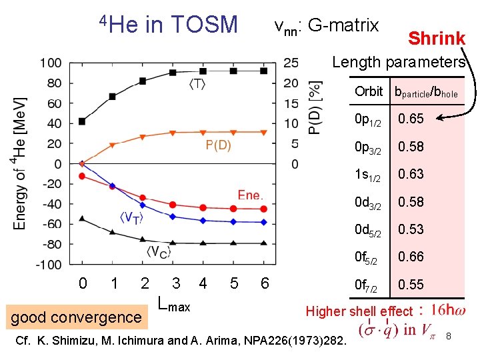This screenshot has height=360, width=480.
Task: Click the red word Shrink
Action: coord(436,39)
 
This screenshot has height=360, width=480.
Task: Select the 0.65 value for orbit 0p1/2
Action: coord(411,119)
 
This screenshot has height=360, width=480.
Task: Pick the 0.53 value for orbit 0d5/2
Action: coord(411,229)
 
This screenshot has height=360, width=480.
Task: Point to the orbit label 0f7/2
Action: coord(367,285)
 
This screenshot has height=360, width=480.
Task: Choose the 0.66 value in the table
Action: coord(411,257)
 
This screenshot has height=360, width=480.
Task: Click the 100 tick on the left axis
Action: coord(51,63)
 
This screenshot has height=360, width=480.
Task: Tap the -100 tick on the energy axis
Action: coord(48,265)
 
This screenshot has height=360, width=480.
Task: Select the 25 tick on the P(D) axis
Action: coord(291,63)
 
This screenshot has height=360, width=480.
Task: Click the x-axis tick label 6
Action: coord(265,283)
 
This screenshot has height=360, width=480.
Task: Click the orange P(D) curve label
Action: coord(217,146)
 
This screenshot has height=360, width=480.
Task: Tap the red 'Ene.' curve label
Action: coord(251,195)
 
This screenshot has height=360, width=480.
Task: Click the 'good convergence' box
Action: coord(76,317)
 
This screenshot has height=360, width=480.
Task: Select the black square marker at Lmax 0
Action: coord(82,121)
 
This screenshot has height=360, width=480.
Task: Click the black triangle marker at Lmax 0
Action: coord(82,218)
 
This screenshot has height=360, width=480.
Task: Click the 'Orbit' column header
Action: coord(369,92)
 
